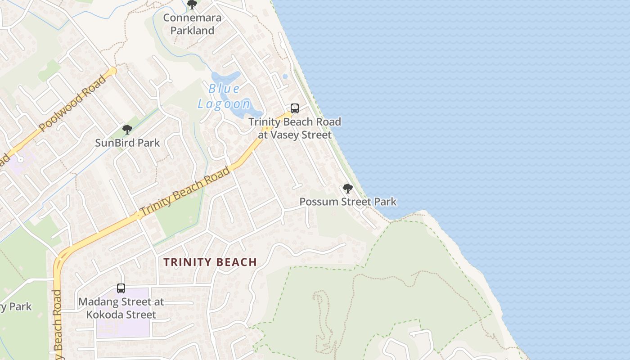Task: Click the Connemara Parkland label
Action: coord(192,24)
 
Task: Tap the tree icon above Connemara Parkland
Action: coord(192,5)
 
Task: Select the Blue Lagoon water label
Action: coord(224,96)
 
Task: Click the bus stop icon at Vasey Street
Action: coord(295,108)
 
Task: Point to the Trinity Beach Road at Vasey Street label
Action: coord(295,128)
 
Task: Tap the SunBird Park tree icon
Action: coord(127,130)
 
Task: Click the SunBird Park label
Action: coord(127,143)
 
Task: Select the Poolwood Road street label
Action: coord(73,104)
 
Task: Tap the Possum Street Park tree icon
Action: coord(347,189)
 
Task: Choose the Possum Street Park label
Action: coord(348,202)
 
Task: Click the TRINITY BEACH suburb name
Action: coord(210,262)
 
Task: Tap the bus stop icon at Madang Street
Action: coord(121,288)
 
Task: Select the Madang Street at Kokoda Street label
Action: coord(121,308)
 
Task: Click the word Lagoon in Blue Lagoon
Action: coord(224,104)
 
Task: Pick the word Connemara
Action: coord(192,18)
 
